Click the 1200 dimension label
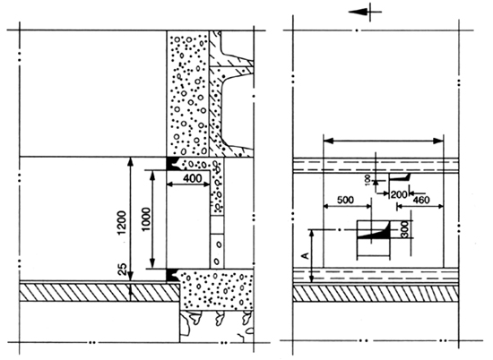coord(122,222)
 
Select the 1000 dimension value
coord(145,219)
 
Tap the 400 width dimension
coord(192,178)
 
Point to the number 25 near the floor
coord(122,270)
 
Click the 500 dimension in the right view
coord(345,200)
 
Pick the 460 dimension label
coord(420,200)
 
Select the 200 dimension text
coord(399,194)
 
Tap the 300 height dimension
coord(404,229)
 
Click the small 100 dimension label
coord(368,181)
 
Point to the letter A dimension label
coord(305,256)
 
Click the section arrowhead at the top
coord(358,12)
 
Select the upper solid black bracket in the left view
coord(172,163)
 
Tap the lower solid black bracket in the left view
coord(172,275)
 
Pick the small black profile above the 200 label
coord(399,177)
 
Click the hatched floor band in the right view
coord(376,294)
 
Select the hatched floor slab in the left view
coord(99,293)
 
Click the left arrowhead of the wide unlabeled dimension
coord(328,141)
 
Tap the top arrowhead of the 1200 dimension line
coord(131,162)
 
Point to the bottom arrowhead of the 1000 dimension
coord(152,263)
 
